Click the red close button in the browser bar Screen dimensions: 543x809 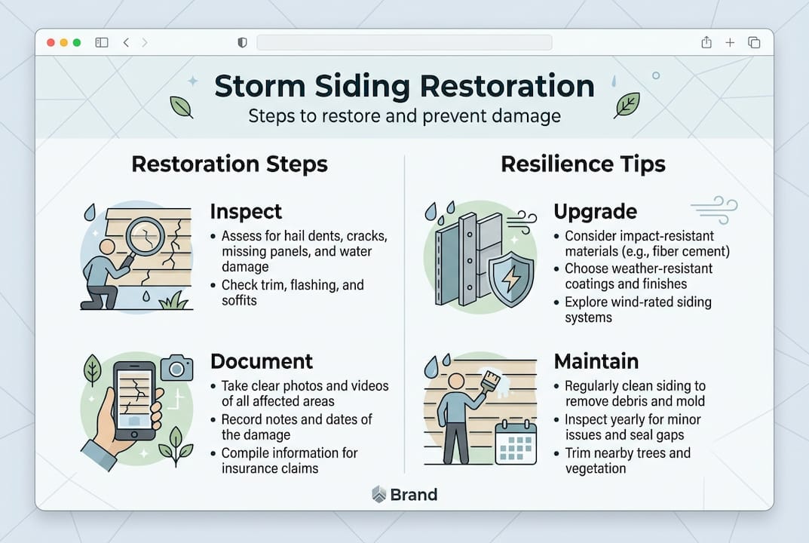click(x=51, y=43)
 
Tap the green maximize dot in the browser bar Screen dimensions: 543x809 click(x=76, y=43)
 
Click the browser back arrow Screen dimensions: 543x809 click(x=126, y=43)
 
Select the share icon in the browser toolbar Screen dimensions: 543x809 click(x=706, y=43)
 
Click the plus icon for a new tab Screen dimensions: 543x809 click(x=730, y=43)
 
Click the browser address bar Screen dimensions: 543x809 click(x=404, y=43)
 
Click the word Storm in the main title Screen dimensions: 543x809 click(x=259, y=86)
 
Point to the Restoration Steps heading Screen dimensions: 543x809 click(x=229, y=164)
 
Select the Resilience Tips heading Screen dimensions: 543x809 click(x=584, y=164)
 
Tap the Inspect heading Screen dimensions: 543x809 click(x=246, y=212)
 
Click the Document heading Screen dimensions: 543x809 click(x=262, y=361)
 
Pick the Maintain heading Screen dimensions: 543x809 click(x=596, y=361)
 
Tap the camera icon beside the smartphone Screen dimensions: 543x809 click(x=177, y=368)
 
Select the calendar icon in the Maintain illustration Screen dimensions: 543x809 click(x=516, y=443)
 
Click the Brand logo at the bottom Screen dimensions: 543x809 click(x=405, y=495)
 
